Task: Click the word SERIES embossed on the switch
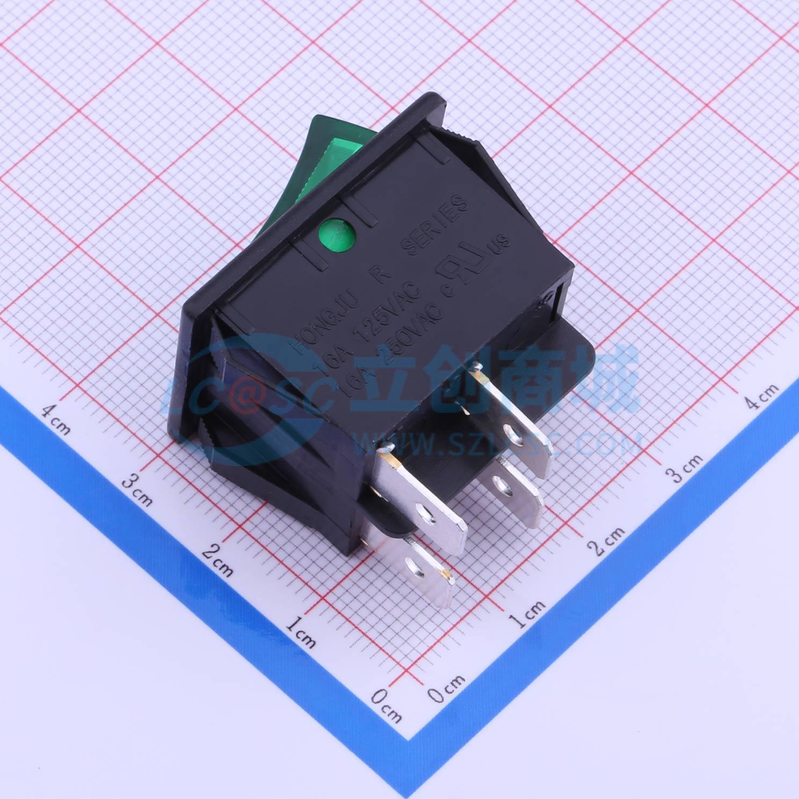434,225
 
